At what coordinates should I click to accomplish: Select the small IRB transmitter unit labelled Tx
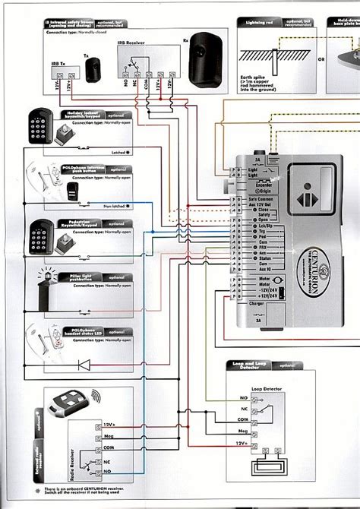coord(94,70)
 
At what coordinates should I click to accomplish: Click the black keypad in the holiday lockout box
coord(39,122)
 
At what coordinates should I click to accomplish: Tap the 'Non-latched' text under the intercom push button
coord(103,206)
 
